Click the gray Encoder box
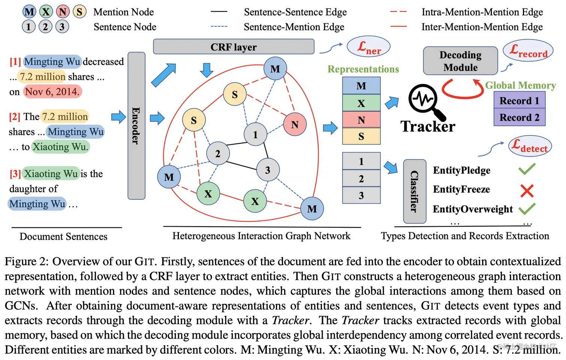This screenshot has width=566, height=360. click(x=136, y=126)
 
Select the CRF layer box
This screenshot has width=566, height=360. click(x=234, y=47)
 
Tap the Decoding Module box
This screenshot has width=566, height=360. click(x=460, y=61)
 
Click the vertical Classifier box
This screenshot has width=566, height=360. click(x=414, y=191)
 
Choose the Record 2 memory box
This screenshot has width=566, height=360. click(x=519, y=117)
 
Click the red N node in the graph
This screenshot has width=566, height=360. click(x=295, y=124)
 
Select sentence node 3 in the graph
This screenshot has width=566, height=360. click(x=267, y=170)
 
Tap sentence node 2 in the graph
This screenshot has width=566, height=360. click(x=217, y=153)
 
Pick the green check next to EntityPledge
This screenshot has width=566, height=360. click(x=527, y=169)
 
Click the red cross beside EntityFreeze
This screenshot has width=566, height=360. click(x=527, y=191)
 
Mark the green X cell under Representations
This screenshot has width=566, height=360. click(x=361, y=103)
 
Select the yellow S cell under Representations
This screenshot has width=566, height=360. click(x=361, y=136)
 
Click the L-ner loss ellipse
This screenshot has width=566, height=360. click(x=369, y=47)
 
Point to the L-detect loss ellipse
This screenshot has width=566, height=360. click(x=530, y=146)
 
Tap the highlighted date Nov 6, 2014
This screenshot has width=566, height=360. click(x=52, y=92)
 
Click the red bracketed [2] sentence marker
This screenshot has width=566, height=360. click(x=15, y=117)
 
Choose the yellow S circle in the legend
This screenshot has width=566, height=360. click(x=79, y=12)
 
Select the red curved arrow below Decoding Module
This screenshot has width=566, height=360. click(x=462, y=90)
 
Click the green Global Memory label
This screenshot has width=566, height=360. click(x=520, y=85)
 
